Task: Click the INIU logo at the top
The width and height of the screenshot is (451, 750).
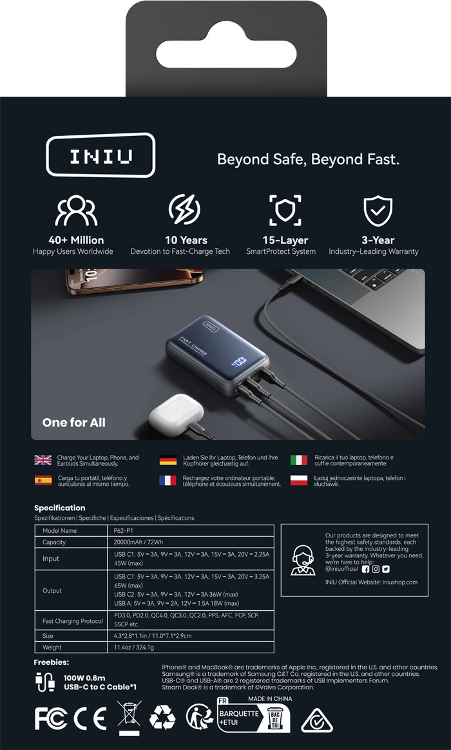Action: tap(101, 155)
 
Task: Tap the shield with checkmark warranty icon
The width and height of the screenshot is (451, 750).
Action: tap(378, 211)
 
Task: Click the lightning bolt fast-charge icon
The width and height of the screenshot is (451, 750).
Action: tap(184, 209)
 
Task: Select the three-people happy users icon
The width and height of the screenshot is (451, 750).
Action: tap(76, 211)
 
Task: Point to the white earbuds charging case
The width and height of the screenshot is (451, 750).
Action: tap(176, 411)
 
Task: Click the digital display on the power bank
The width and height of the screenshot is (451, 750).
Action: tap(240, 361)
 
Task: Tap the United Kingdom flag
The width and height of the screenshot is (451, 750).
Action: tap(43, 460)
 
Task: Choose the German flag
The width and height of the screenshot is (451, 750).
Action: tap(168, 460)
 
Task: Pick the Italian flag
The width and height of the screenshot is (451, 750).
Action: tap(299, 460)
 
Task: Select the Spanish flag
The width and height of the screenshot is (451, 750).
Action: tap(43, 480)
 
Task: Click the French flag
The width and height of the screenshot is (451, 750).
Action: tap(168, 480)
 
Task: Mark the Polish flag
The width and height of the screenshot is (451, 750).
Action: tap(299, 480)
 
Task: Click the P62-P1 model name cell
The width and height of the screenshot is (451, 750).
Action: tap(191, 530)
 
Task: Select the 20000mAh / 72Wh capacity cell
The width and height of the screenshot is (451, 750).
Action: tap(191, 542)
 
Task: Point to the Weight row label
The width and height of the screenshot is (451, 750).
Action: tap(52, 647)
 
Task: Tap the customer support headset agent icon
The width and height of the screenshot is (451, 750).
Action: tap(303, 560)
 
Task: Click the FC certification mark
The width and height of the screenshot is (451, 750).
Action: tap(51, 718)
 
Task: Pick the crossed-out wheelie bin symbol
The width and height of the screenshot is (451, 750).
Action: tap(130, 718)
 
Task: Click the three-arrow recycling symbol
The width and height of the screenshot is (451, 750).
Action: tap(162, 718)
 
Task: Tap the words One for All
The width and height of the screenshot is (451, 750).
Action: tap(73, 422)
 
